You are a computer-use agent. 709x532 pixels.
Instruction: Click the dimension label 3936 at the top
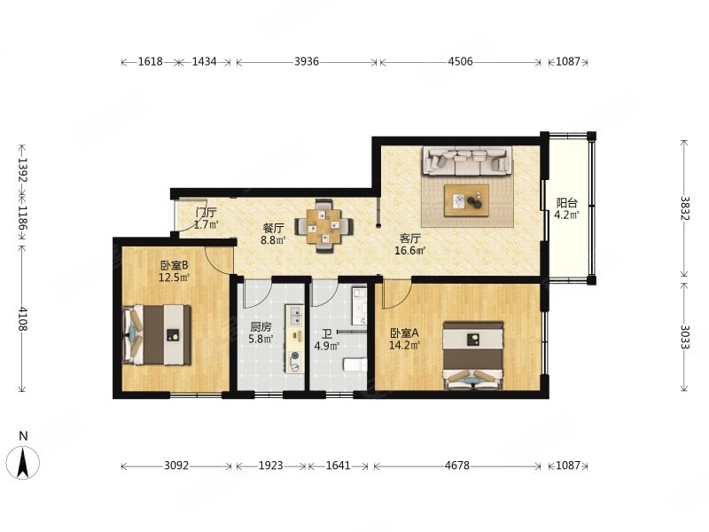click(x=307, y=61)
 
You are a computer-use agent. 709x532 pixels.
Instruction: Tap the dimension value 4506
click(x=460, y=61)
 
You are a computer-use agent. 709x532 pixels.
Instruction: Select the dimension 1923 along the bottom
click(x=270, y=465)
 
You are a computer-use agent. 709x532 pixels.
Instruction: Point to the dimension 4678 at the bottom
click(x=456, y=465)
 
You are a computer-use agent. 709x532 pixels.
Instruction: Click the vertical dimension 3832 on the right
click(x=684, y=208)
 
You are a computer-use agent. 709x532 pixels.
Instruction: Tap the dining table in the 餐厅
click(x=323, y=226)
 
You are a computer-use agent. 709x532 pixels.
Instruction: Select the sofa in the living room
click(x=467, y=160)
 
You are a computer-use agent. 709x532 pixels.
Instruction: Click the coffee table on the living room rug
click(x=466, y=201)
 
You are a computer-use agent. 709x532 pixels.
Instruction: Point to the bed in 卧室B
click(x=157, y=335)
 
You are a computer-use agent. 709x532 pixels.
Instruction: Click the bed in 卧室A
click(x=473, y=356)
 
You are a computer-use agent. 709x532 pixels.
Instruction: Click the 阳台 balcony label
click(x=566, y=203)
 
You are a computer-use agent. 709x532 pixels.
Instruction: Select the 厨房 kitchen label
click(x=261, y=326)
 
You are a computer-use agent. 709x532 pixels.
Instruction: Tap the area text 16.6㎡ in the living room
click(x=409, y=250)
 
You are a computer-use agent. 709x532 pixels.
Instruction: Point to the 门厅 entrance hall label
click(x=206, y=212)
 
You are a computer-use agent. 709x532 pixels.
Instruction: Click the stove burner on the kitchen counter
click(x=296, y=356)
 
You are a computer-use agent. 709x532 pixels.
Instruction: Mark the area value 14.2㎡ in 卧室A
click(x=405, y=345)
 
